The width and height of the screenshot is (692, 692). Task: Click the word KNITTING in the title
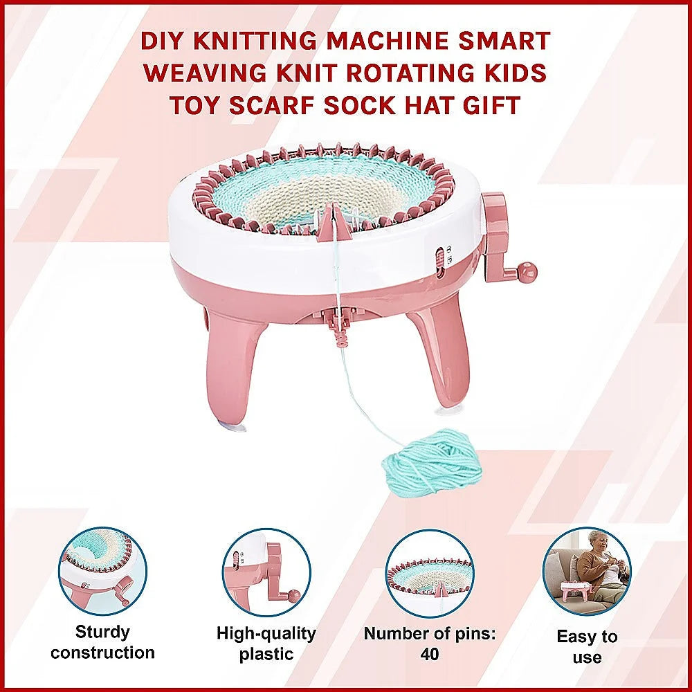click(253, 41)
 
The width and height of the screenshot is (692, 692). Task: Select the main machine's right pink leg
click(443, 353)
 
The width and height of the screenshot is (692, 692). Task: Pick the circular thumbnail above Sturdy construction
click(103, 572)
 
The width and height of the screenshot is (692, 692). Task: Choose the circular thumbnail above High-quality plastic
click(266, 572)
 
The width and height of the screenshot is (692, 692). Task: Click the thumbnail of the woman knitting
click(586, 572)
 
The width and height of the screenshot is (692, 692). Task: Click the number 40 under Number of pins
click(428, 654)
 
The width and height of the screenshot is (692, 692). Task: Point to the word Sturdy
click(102, 632)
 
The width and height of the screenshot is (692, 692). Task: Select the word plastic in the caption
click(266, 654)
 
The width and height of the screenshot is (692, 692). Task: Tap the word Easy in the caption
click(579, 637)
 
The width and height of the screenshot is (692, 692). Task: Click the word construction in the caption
click(102, 653)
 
